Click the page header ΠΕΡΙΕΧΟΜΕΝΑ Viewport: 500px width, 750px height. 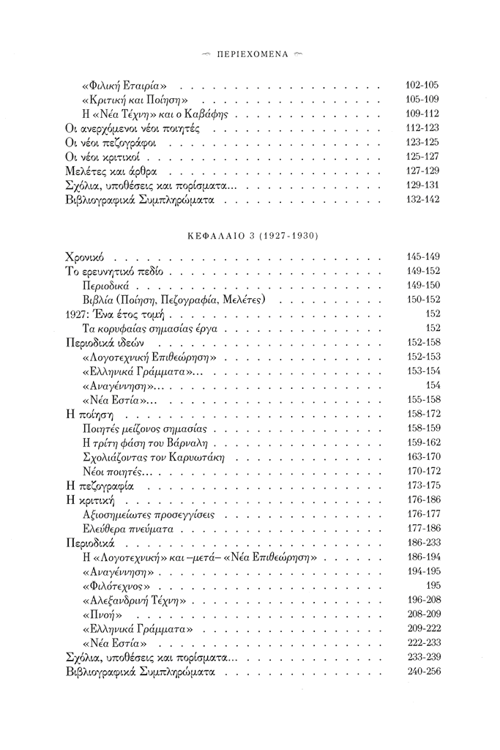pyautogui.click(x=250, y=55)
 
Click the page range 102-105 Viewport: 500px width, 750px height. pyautogui.click(x=422, y=86)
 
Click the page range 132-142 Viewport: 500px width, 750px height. pyautogui.click(x=422, y=199)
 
